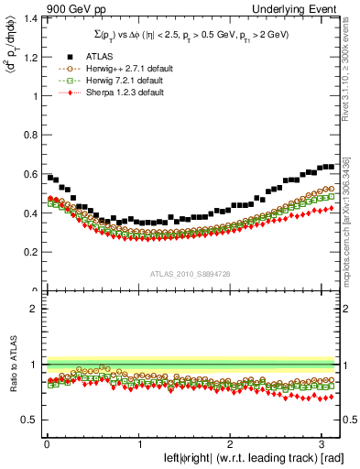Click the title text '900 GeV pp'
point(71,8)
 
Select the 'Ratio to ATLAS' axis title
point(11,365)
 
